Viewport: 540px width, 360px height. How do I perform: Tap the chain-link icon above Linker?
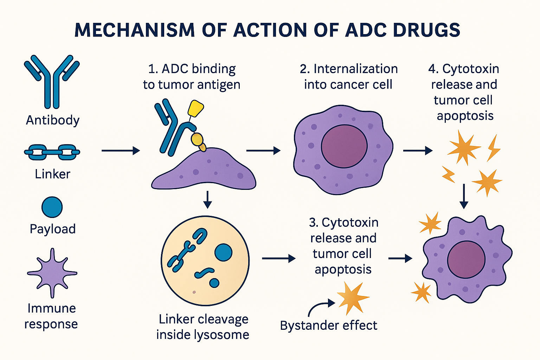pos(52,152)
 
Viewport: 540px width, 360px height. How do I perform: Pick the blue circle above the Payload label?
pos(52,207)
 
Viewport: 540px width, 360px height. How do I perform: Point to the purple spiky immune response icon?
pos(52,273)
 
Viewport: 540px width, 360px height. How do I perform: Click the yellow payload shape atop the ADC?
pos(196,109)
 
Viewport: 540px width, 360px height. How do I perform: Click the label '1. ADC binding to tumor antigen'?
pos(192,77)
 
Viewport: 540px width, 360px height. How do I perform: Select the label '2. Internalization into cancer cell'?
pos(349,77)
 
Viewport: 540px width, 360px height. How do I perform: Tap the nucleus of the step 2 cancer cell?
pos(344,146)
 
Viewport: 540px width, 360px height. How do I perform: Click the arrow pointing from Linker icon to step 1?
pos(121,151)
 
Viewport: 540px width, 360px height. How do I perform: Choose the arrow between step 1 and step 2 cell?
pos(263,151)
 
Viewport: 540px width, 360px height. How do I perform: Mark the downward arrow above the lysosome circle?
pos(207,200)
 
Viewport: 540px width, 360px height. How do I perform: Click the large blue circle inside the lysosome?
pos(224,252)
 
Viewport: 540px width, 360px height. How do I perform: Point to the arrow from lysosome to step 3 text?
pos(279,258)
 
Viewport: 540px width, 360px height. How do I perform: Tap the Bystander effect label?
pos(329,326)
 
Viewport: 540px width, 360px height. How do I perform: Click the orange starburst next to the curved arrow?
pos(353,298)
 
